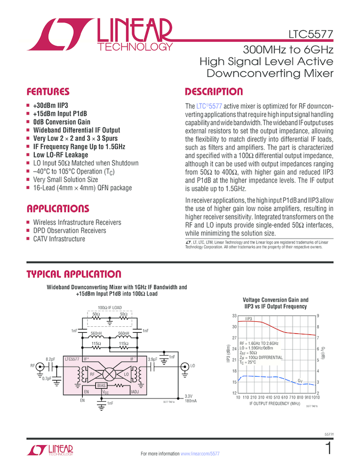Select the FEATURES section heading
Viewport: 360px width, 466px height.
click(48, 92)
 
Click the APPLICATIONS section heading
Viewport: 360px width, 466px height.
click(58, 209)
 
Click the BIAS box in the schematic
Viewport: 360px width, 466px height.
click(102, 385)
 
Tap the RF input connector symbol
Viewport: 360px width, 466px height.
click(39, 365)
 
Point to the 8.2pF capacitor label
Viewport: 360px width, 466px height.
click(50, 359)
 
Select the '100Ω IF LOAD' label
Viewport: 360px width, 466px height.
click(110, 308)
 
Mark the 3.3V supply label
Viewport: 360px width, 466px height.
click(188, 396)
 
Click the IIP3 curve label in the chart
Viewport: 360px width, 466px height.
click(248, 319)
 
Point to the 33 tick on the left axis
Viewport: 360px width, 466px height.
click(234, 316)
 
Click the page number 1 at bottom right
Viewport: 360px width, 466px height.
click(329, 449)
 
